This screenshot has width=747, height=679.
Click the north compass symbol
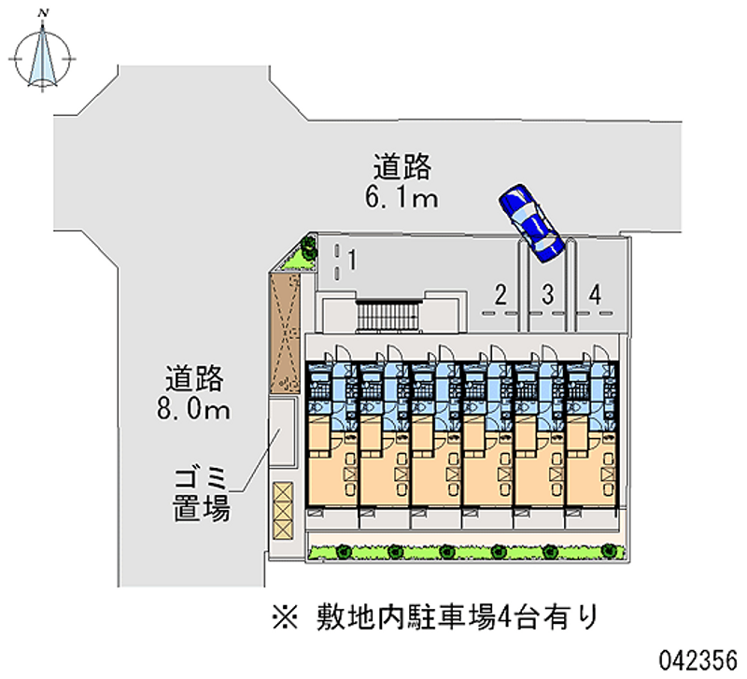point(42,57)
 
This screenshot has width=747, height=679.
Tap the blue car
point(531,223)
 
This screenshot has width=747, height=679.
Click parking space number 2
point(500,294)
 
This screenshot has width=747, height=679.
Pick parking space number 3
point(548,294)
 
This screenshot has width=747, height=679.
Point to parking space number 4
point(595,294)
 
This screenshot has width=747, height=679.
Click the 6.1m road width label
point(402,197)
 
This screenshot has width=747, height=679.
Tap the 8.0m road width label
point(193,409)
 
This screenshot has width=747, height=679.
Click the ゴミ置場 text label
point(202,494)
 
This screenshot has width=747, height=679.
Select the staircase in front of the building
point(389,316)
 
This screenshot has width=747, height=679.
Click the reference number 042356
point(698,660)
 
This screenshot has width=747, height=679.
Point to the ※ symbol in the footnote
point(286,617)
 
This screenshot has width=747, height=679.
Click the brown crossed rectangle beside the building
point(285,332)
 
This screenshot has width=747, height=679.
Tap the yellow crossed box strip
point(283,510)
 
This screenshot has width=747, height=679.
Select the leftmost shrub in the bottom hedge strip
point(343,552)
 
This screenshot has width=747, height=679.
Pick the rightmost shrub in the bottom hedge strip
point(609,551)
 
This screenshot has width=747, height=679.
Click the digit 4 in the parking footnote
point(503,618)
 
